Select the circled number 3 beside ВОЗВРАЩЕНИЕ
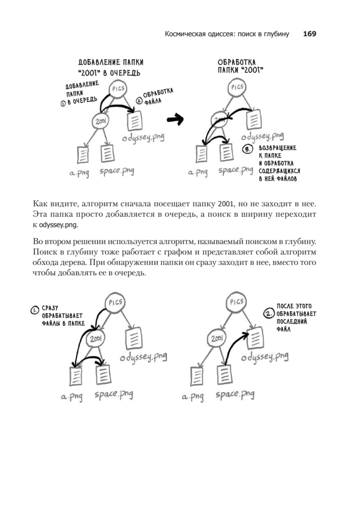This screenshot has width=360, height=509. point(247,149)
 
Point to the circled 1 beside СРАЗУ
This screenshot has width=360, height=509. point(34,310)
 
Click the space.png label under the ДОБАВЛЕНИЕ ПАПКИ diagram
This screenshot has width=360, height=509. point(116,172)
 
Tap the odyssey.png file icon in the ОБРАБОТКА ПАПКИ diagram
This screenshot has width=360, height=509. point(254,119)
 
